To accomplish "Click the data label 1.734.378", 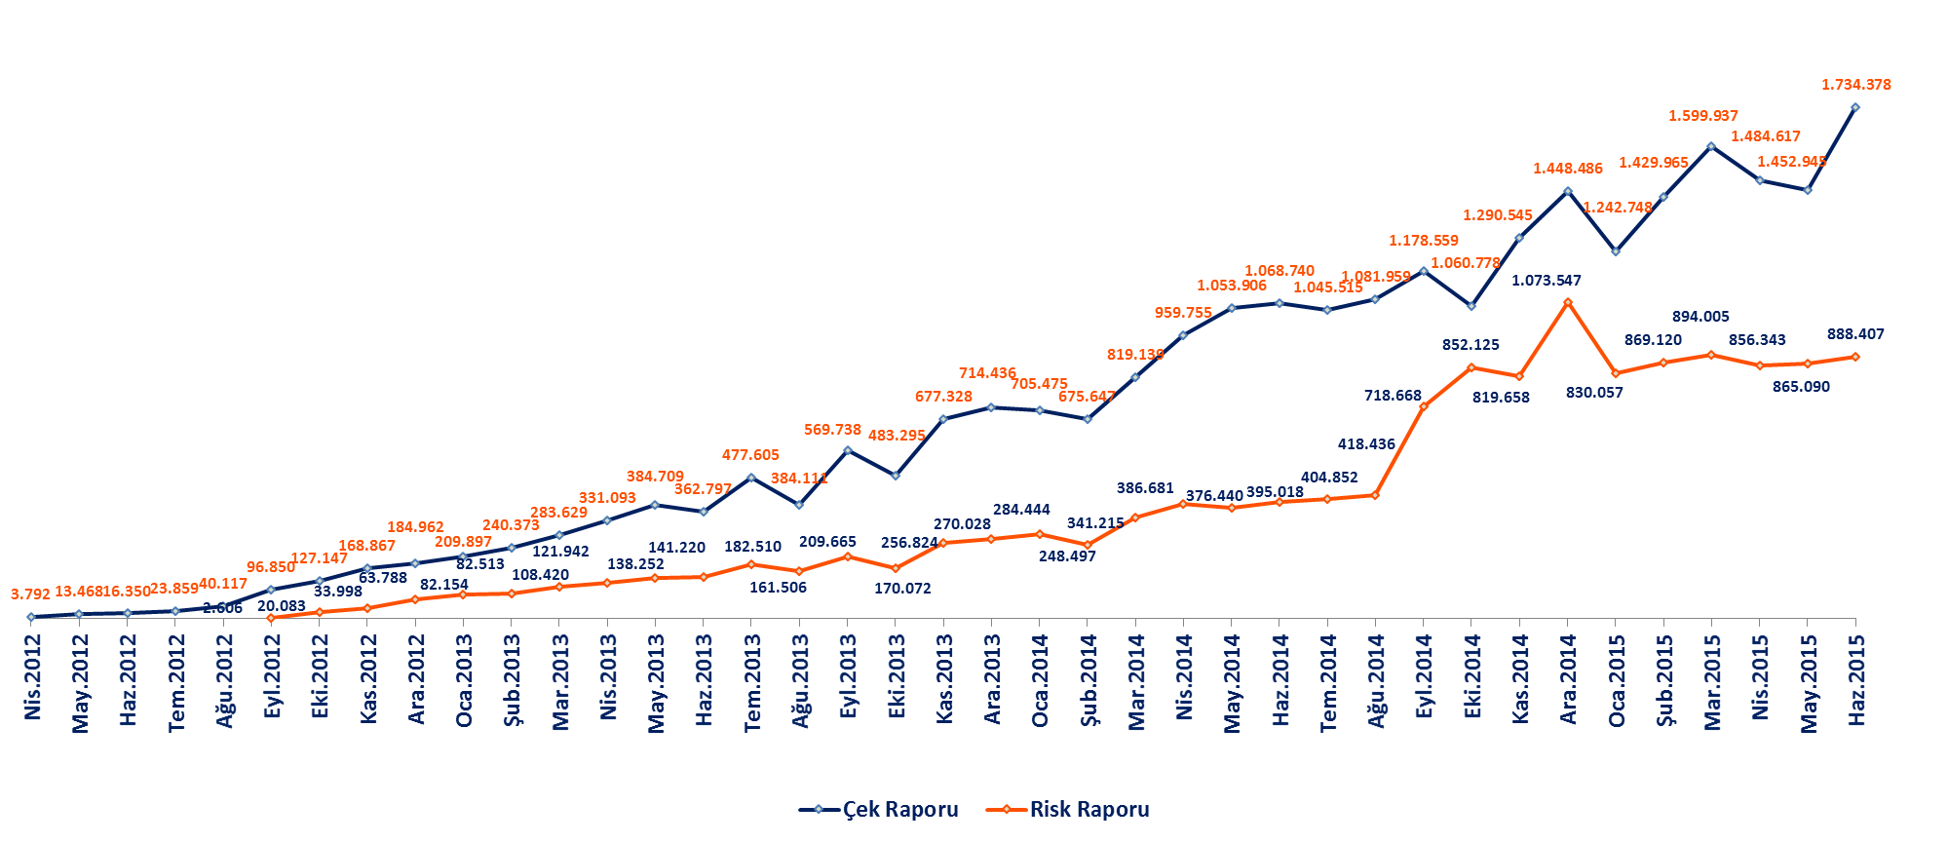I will (x=1855, y=85).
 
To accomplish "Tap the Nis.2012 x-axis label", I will (x=33, y=677).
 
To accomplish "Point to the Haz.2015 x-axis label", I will (x=1857, y=679).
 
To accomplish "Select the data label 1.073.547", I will (x=1546, y=281).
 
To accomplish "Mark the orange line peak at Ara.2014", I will (x=1568, y=302).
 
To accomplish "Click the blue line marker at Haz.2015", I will (x=1855, y=107).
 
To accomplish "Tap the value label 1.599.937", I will (x=1702, y=116).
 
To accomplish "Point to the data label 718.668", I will (x=1393, y=396).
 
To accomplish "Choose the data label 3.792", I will (x=30, y=594).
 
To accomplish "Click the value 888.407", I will (x=1855, y=334).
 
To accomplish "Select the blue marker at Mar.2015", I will (x=1711, y=146).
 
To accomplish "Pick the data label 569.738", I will (x=832, y=430).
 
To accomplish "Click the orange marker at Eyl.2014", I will (x=1424, y=406).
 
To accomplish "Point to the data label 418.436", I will (x=1366, y=444).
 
